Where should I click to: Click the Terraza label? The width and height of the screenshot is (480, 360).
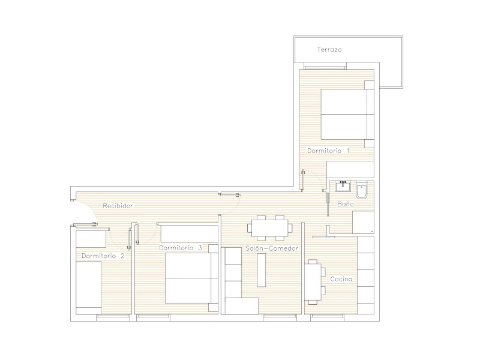click(x=329, y=49)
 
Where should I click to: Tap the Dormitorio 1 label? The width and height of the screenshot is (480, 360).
click(x=328, y=151)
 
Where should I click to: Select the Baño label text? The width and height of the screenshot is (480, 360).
click(x=346, y=204)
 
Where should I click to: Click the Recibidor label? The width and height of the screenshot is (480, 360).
click(x=118, y=206)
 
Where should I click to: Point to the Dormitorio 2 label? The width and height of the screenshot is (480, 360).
click(x=103, y=256)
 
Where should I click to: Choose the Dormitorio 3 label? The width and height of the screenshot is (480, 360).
click(x=181, y=248)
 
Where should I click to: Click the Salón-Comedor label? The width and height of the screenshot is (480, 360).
click(x=272, y=248)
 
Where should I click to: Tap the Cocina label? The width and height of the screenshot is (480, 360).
click(x=341, y=279)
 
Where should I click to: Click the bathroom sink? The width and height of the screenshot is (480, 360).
click(x=343, y=186)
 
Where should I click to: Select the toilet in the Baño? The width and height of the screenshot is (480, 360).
click(x=362, y=190)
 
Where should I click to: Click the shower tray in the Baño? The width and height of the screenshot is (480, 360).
click(x=364, y=223)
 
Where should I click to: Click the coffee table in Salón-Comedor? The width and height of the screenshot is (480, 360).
click(x=261, y=271)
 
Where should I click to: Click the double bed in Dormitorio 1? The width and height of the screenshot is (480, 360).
click(x=347, y=114)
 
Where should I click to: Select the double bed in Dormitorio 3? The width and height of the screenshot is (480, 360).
click(x=191, y=278)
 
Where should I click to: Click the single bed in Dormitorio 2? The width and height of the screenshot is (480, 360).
click(x=88, y=287)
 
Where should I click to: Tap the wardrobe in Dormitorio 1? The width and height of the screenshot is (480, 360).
click(x=350, y=169)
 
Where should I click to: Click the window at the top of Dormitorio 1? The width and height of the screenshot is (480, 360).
click(x=325, y=66)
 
